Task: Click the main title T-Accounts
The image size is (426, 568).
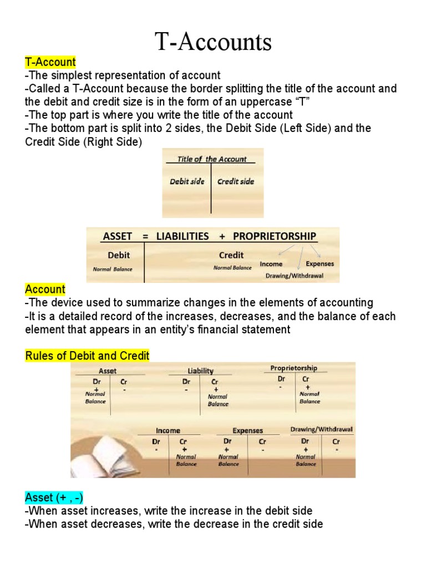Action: [x=214, y=42]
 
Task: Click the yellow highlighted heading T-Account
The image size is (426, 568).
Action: [x=50, y=62]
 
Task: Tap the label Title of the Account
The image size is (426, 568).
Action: [x=212, y=159]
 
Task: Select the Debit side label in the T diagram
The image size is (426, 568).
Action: [x=187, y=181]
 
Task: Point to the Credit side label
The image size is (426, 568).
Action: [x=236, y=181]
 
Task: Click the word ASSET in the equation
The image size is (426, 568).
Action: [x=118, y=236]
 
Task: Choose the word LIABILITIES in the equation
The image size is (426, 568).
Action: [x=182, y=236]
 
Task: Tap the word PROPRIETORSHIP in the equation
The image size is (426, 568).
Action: [x=275, y=236]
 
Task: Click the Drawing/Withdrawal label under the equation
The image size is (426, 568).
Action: [x=294, y=275]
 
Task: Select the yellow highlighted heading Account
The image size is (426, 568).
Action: [x=45, y=290]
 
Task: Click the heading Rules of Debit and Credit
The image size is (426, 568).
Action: [x=87, y=356]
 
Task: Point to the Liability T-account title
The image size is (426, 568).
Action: [x=200, y=371]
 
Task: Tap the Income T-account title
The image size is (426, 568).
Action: [x=168, y=430]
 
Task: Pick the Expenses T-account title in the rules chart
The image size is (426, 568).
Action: [x=248, y=430]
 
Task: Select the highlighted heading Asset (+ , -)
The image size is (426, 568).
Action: [x=54, y=497]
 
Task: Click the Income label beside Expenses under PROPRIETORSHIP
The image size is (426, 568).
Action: [x=271, y=264]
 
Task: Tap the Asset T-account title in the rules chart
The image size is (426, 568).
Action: [x=108, y=371]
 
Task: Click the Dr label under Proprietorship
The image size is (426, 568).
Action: [x=282, y=379]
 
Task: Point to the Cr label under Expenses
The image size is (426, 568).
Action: [x=262, y=442]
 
